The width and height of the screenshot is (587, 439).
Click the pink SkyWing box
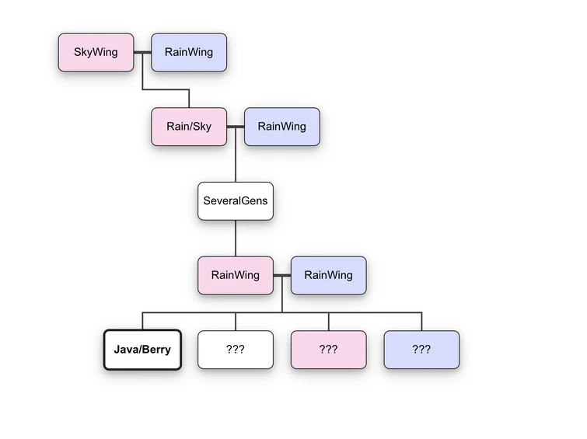click(x=96, y=53)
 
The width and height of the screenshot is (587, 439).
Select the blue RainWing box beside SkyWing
click(x=189, y=53)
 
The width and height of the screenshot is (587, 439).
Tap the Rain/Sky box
click(x=189, y=127)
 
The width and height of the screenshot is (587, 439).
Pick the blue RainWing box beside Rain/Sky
click(x=282, y=127)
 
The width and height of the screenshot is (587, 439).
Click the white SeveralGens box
click(x=236, y=200)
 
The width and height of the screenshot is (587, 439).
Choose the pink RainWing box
click(x=236, y=275)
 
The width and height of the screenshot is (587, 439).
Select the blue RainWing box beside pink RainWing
click(x=328, y=275)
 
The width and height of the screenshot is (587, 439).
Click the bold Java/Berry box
click(x=142, y=350)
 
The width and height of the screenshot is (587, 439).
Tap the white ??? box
click(x=236, y=350)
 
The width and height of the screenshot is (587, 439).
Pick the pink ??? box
click(x=328, y=350)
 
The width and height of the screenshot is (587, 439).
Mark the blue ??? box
click(x=421, y=350)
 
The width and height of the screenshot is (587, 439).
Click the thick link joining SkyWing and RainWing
click(x=142, y=53)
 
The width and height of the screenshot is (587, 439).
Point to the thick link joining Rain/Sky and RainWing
click(x=236, y=127)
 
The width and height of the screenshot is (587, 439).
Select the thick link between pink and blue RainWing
click(x=282, y=275)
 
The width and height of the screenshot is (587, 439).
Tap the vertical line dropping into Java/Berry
click(x=142, y=321)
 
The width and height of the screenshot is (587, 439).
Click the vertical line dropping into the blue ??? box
click(x=421, y=321)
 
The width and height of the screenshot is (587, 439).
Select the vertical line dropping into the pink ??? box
click(x=328, y=321)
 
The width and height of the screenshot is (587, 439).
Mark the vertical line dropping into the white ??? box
click(x=236, y=322)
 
